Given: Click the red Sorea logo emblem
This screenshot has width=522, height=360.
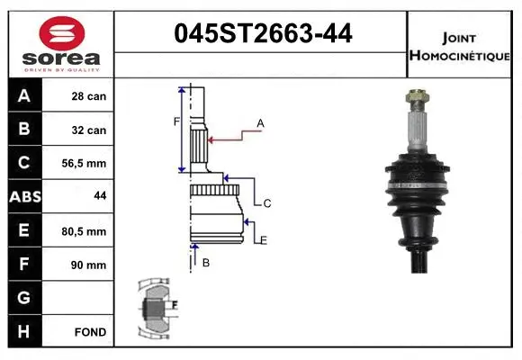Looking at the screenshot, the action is [x=62, y=33].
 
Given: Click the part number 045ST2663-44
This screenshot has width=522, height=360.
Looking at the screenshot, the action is [x=263, y=33].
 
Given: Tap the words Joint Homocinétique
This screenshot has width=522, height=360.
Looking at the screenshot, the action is [x=459, y=47].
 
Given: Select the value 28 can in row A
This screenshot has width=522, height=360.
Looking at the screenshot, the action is [x=89, y=96].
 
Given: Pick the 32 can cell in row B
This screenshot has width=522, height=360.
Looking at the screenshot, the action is [x=89, y=130].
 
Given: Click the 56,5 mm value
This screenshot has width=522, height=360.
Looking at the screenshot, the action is [x=84, y=164].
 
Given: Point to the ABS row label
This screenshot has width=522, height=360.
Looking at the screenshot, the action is [x=25, y=197].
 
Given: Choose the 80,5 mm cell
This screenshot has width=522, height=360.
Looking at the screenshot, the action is [x=84, y=231].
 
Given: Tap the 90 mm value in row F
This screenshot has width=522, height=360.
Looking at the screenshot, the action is [x=88, y=265].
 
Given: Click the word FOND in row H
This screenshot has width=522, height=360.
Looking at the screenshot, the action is [x=90, y=332].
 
